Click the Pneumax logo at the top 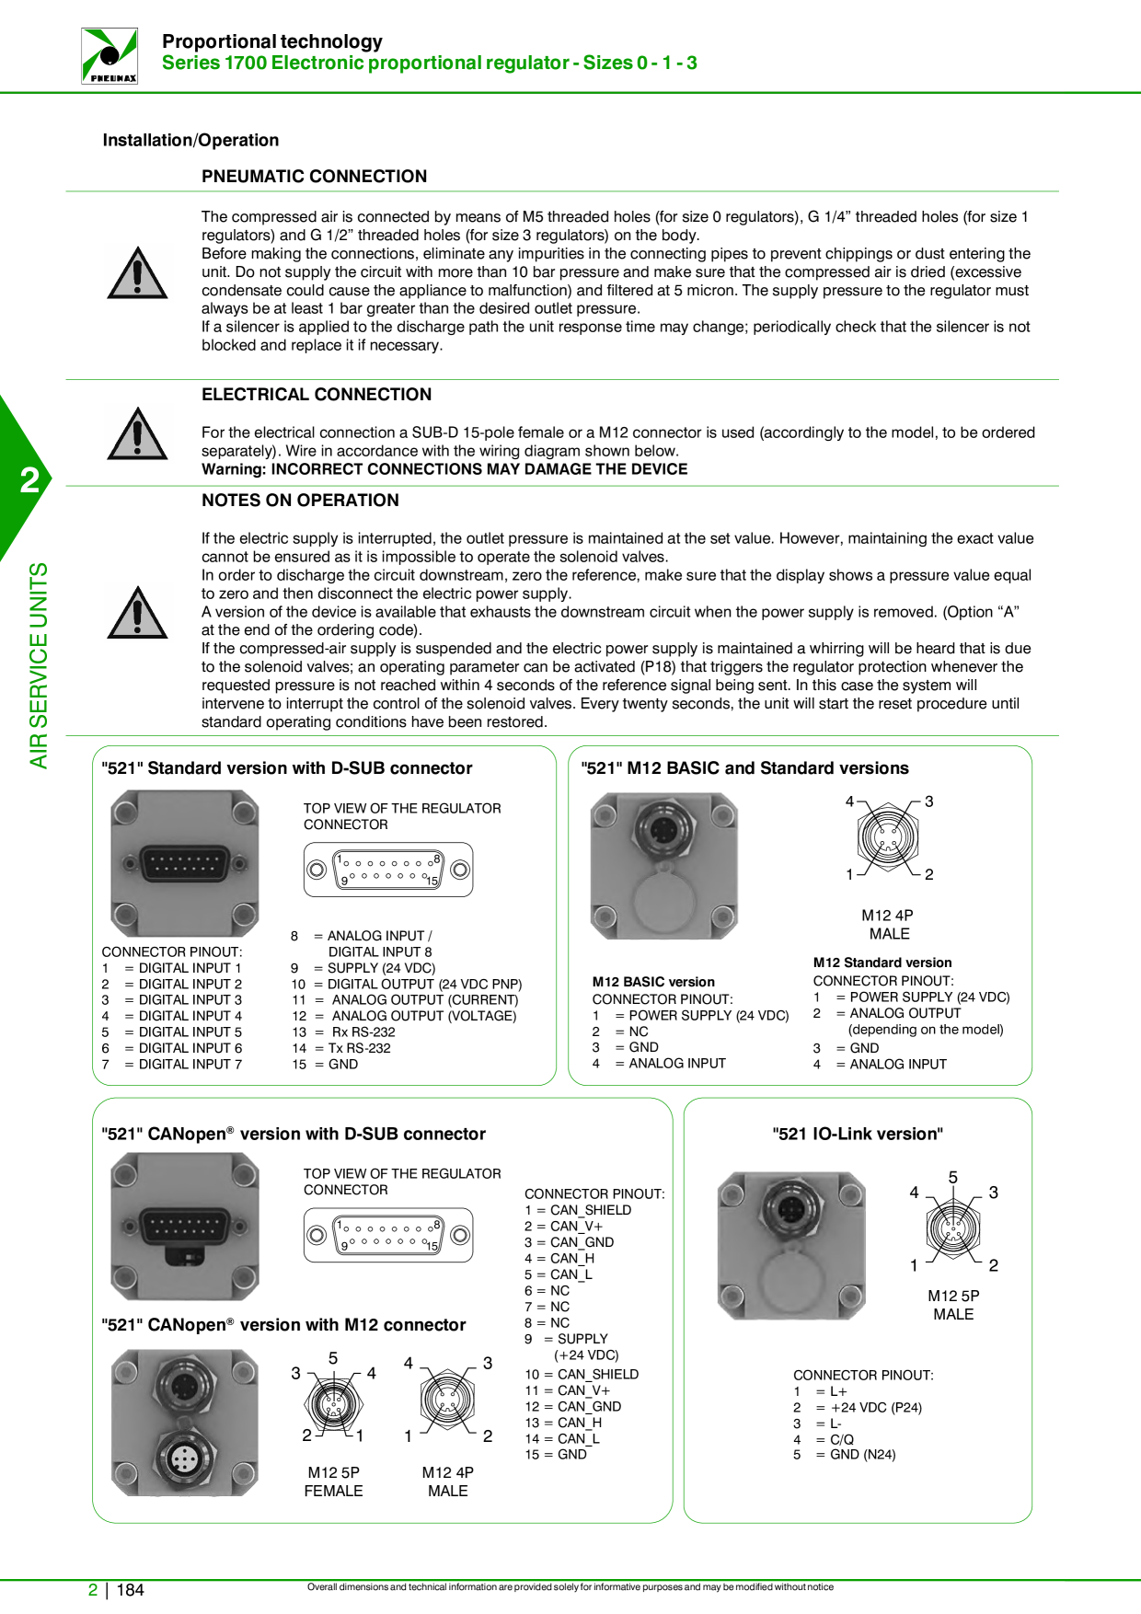[x=109, y=55]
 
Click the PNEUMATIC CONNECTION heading [x=314, y=177]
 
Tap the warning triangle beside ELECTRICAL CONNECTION [x=137, y=433]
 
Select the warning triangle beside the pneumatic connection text [x=137, y=272]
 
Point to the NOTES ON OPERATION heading [x=300, y=501]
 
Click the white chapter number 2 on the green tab [x=30, y=480]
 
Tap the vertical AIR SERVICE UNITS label [x=38, y=665]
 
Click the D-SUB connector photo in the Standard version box [x=185, y=864]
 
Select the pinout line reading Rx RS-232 [x=343, y=1032]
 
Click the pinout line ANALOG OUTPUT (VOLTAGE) [x=404, y=1016]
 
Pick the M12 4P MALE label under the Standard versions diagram [x=888, y=925]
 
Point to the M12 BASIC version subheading [x=653, y=982]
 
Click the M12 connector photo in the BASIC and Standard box [x=664, y=866]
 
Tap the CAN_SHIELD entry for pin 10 [x=582, y=1375]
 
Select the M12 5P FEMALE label [x=333, y=1481]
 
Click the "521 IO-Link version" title [x=858, y=1135]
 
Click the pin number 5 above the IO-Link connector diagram [x=953, y=1178]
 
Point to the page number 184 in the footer [x=130, y=1590]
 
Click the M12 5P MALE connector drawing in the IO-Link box [x=953, y=1228]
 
